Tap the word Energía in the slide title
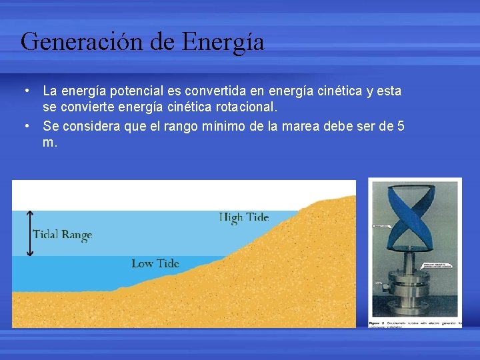223,42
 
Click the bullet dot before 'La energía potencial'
25,91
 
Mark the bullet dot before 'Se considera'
25,125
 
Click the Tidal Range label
62,235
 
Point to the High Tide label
244,217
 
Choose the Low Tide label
155,263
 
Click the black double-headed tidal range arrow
29,233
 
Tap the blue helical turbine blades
414,213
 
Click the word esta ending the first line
389,91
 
